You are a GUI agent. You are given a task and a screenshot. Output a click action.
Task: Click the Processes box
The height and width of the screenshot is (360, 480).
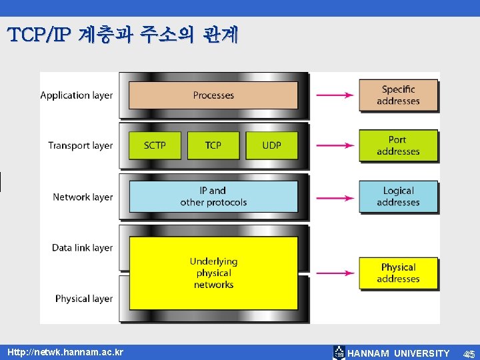click(x=213, y=95)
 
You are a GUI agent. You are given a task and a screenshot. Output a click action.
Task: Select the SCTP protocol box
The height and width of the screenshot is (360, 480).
click(x=155, y=145)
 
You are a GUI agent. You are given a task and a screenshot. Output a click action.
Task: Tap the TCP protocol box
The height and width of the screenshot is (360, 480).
click(x=213, y=145)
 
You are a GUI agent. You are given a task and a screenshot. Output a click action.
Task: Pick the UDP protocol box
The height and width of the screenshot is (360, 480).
click(x=272, y=145)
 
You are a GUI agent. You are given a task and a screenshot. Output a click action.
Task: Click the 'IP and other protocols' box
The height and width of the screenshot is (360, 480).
click(x=213, y=197)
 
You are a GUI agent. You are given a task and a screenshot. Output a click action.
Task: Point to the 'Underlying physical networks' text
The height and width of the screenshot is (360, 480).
click(x=213, y=273)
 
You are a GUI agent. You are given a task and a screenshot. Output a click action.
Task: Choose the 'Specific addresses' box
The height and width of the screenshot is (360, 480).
click(x=398, y=95)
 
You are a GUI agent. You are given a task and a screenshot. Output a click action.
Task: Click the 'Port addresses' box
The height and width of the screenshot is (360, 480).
click(x=398, y=145)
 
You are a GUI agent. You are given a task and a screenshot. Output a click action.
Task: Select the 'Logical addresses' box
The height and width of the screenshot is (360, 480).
click(x=398, y=197)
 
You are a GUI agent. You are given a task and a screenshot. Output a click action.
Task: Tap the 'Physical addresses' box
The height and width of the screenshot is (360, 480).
click(x=398, y=273)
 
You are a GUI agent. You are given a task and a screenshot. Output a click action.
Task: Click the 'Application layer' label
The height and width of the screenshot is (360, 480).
click(x=77, y=95)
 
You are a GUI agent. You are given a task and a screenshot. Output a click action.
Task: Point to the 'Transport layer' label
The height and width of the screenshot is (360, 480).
click(x=80, y=145)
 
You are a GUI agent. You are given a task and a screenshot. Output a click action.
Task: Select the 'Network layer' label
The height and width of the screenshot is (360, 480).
click(x=83, y=197)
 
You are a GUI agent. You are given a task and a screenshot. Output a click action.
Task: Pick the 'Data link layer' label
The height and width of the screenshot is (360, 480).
click(x=82, y=248)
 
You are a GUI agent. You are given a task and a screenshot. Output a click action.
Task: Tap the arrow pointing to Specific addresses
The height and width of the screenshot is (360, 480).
click(x=334, y=95)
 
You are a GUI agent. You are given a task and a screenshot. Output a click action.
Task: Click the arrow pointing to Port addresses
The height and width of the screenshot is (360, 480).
click(x=334, y=145)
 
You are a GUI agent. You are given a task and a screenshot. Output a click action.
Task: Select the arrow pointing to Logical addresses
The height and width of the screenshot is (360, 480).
click(x=334, y=197)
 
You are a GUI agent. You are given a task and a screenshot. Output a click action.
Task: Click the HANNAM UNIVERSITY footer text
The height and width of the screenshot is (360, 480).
click(x=399, y=353)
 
